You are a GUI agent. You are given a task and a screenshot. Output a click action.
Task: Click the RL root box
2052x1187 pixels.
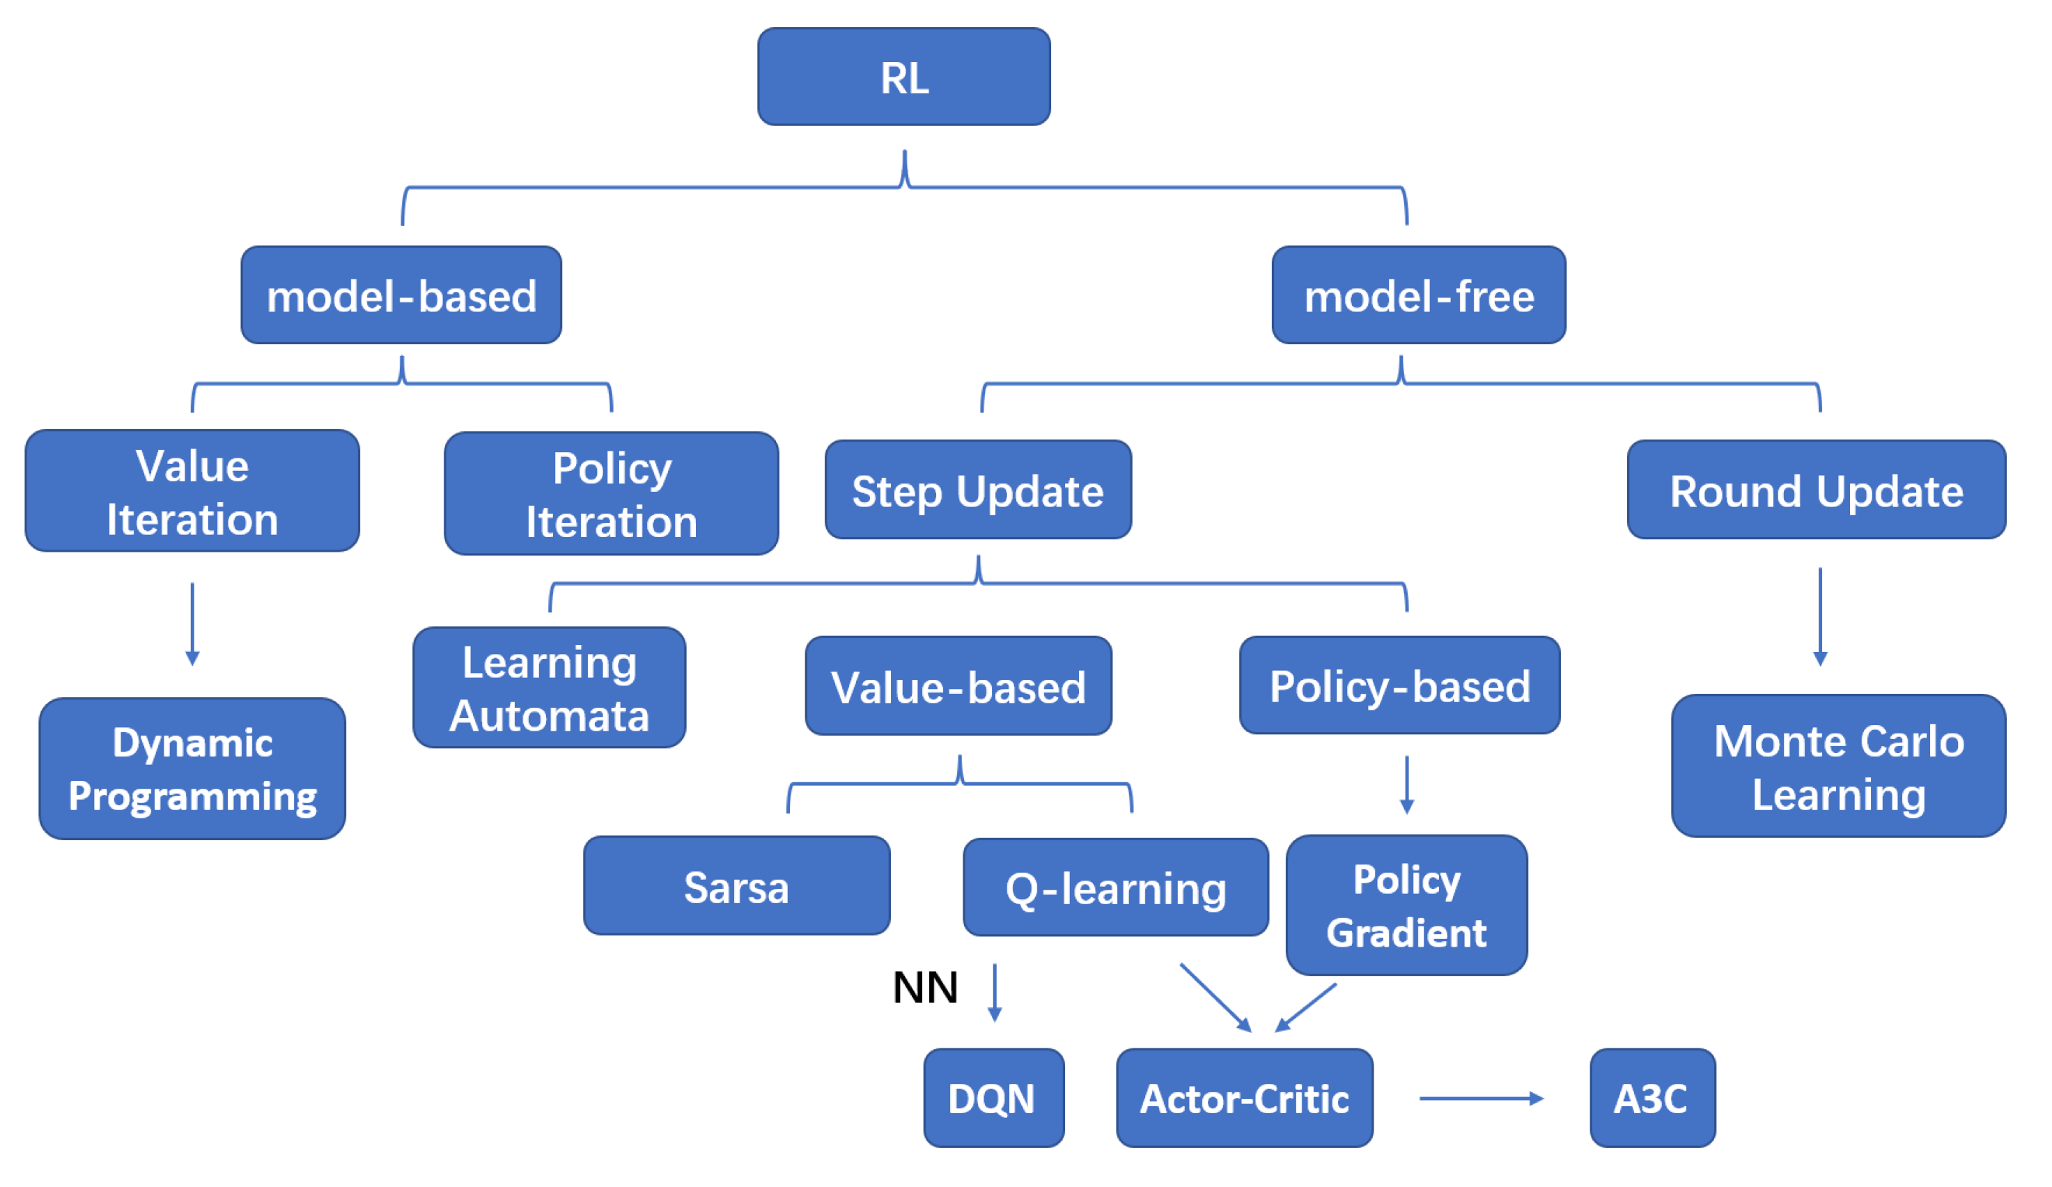point(904,77)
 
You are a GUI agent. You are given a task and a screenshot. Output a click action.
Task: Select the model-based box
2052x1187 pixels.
point(401,295)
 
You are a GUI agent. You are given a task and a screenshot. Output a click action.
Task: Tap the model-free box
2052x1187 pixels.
point(1418,295)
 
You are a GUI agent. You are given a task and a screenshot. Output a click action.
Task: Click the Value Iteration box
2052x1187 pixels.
point(192,491)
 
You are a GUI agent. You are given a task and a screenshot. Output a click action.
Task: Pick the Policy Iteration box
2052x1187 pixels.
point(612,493)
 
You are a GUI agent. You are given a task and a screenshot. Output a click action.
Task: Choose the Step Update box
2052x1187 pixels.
point(978,489)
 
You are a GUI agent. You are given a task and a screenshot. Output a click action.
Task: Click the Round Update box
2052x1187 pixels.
point(1816,489)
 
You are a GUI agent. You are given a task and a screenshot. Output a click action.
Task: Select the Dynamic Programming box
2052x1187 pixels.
point(192,768)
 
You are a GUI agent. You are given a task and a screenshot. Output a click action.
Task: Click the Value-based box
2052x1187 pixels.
point(958,685)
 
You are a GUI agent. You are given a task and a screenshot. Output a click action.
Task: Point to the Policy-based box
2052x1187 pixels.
point(1400,685)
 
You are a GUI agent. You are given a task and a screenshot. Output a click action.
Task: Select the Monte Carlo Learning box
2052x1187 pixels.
point(1839,766)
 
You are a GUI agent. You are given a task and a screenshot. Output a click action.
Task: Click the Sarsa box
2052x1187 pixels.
point(737,886)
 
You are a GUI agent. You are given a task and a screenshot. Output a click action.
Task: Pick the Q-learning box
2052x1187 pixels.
point(1116,887)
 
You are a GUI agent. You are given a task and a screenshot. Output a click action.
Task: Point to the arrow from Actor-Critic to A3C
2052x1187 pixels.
point(1480,1099)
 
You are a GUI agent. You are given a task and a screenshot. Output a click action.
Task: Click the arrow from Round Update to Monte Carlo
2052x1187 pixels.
point(1820,616)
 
